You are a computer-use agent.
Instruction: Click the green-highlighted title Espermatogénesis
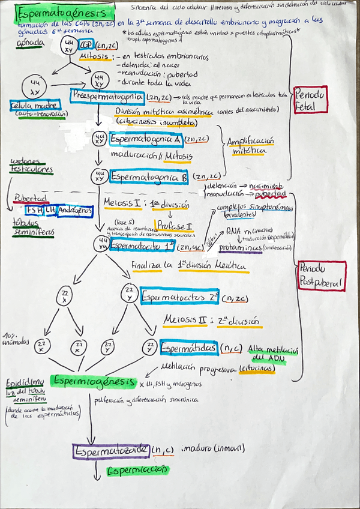62,13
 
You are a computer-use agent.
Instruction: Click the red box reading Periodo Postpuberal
321,276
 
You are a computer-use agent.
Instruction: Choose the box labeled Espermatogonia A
146,139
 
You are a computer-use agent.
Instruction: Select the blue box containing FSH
35,210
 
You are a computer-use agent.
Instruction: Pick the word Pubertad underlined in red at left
29,197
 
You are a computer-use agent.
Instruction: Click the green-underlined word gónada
28,44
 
